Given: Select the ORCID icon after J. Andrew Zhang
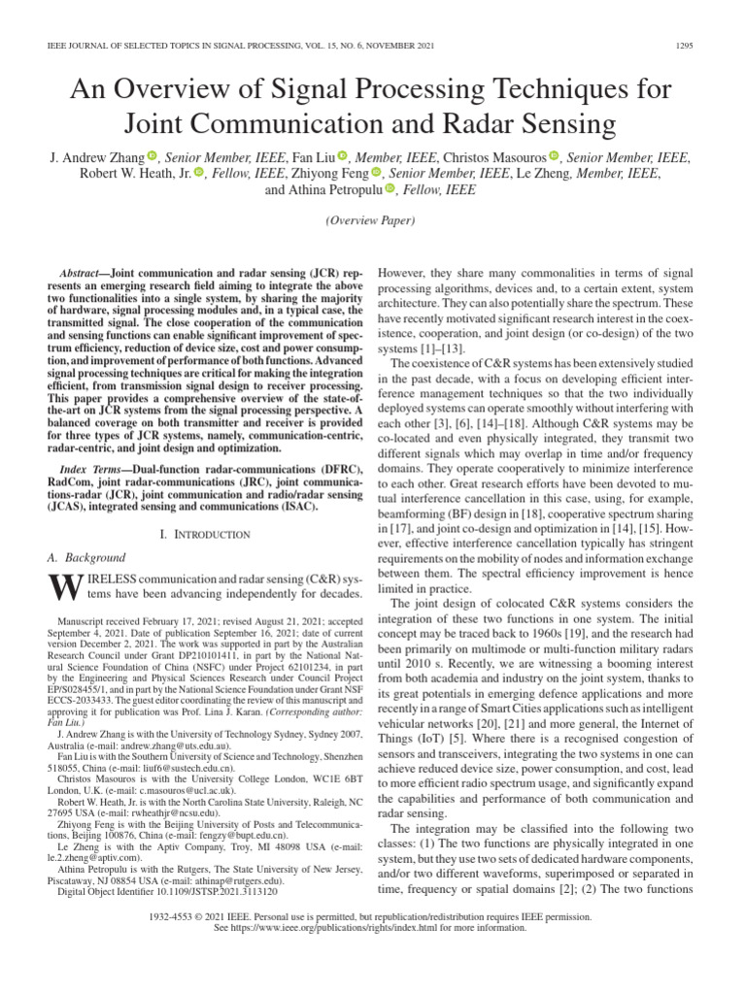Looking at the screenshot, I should pos(153,156).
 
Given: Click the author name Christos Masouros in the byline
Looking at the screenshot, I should pos(492,156).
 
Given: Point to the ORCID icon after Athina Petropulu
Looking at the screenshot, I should pos(391,190).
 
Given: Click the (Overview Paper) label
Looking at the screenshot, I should pos(372,222).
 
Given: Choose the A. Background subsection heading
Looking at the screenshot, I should pos(86,558).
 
